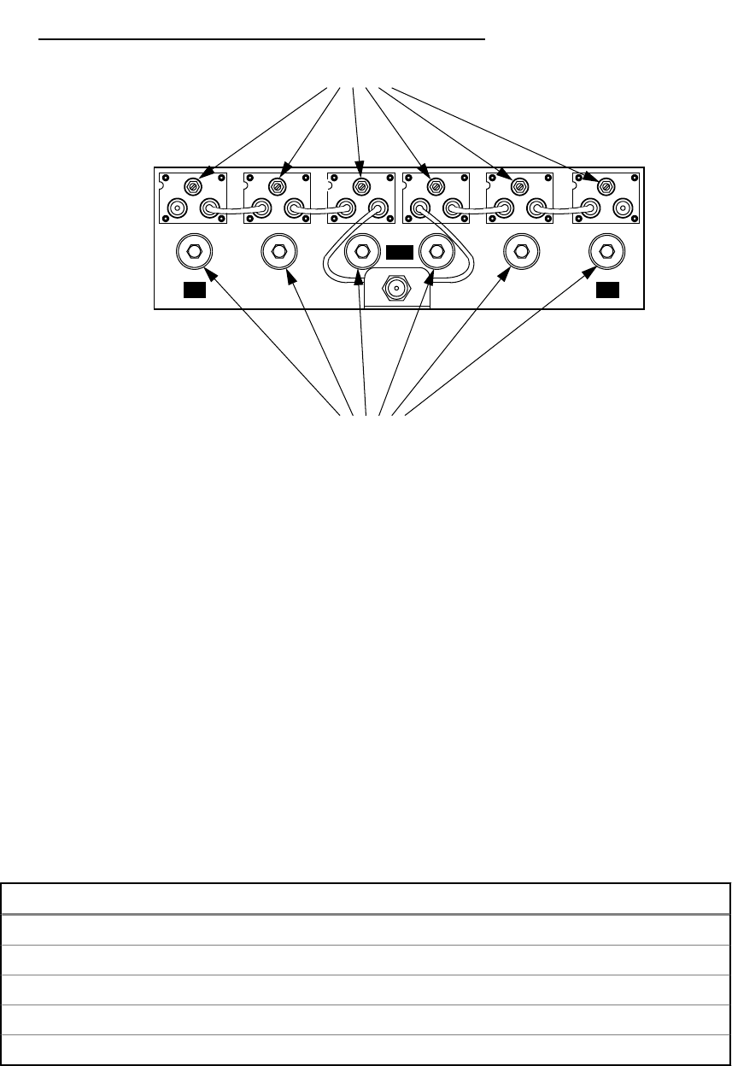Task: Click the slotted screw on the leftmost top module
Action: tap(193, 185)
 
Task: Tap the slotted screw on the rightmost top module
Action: tap(606, 185)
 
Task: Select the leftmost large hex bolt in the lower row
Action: tap(193, 250)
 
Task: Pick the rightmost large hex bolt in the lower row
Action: tap(606, 250)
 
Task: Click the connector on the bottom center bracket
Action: tap(396, 290)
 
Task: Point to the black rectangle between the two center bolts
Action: tap(399, 252)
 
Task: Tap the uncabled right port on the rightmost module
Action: tap(623, 208)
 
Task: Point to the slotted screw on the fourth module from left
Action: tap(436, 185)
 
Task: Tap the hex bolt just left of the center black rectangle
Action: tap(361, 250)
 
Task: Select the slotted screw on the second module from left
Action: tap(277, 185)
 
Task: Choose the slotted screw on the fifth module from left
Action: tap(518, 185)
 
